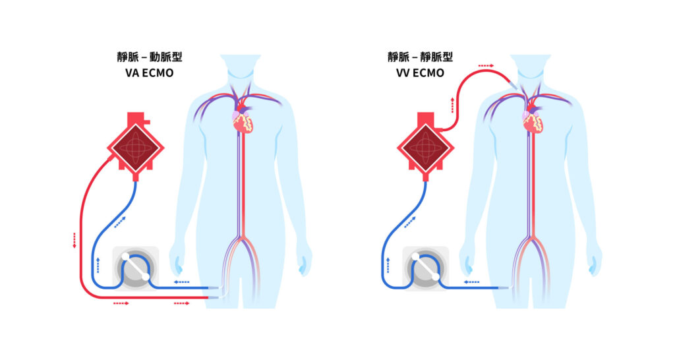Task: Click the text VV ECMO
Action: click(421, 73)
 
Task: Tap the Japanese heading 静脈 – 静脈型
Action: click(421, 57)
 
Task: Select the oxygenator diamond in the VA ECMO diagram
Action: click(135, 149)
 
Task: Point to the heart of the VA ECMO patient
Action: click(242, 121)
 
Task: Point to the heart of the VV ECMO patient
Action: click(533, 121)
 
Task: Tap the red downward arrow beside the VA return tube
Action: click(74, 240)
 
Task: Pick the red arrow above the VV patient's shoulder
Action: click(486, 66)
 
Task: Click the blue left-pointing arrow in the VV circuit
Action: click(472, 282)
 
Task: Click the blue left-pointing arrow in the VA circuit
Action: click(181, 282)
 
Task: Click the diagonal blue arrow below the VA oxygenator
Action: click(120, 222)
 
